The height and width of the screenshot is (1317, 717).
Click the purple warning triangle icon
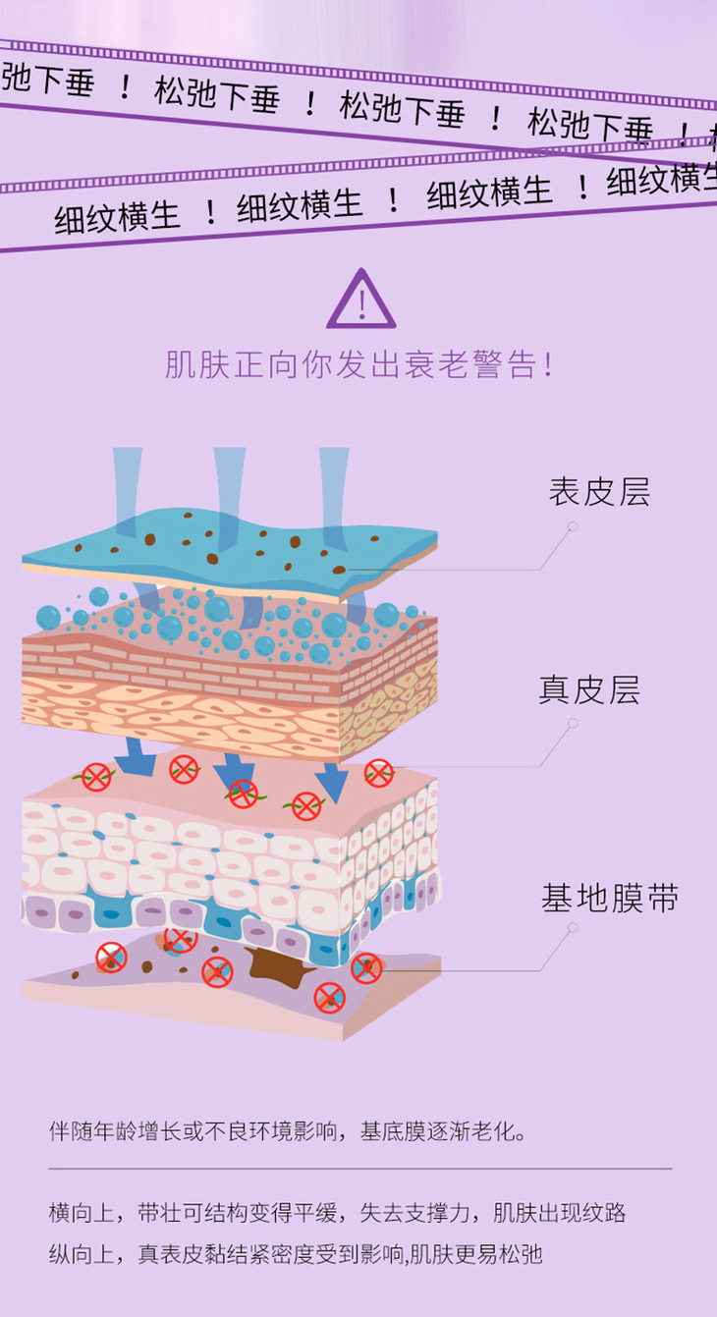[360, 301]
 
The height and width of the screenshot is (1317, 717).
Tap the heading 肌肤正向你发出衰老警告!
[358, 365]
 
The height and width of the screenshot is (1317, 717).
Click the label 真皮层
[588, 690]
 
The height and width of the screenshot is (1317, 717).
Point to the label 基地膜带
[609, 899]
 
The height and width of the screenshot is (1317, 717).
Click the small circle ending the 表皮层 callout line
[573, 526]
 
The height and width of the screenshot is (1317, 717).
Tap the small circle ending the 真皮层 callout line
[573, 724]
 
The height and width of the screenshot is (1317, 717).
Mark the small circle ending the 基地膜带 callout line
[573, 928]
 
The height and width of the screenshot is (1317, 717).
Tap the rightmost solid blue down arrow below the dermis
[333, 782]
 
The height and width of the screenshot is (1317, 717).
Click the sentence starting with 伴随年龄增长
[289, 1131]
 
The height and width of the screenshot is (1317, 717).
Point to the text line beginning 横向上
[337, 1213]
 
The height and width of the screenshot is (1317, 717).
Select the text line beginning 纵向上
[296, 1254]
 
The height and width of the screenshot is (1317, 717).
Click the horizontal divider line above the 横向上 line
[359, 1169]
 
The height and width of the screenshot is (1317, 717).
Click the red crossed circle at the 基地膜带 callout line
[366, 968]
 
